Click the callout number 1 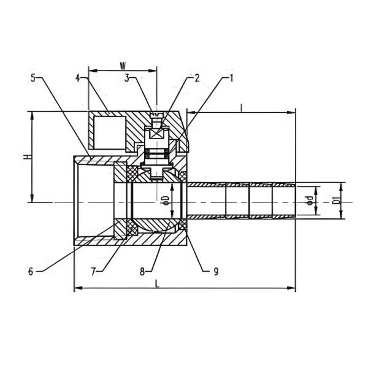click(232, 78)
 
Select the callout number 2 click(197, 78)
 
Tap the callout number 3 click(126, 78)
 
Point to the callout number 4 click(79, 78)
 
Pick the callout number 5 click(34, 78)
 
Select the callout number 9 click(215, 270)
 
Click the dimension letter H click(26, 157)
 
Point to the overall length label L click(158, 283)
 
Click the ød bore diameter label click(310, 200)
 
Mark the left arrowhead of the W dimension click(91, 69)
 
